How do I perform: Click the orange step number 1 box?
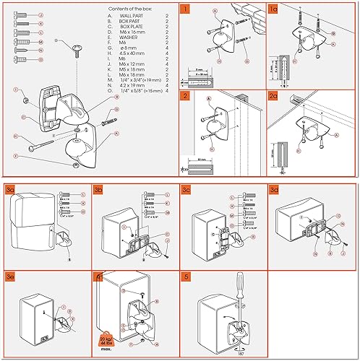tap(186, 10)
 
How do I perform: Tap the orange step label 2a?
tap(274, 95)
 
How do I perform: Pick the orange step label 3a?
tap(10, 190)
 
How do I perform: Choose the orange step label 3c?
tap(187, 190)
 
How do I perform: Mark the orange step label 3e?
tap(10, 277)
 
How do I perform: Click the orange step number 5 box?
tap(186, 277)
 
